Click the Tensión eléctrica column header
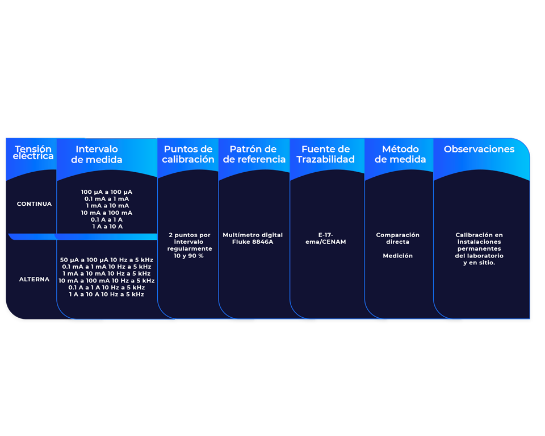pyautogui.click(x=33, y=153)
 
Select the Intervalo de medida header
pyautogui.click(x=97, y=155)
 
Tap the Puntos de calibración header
pyautogui.click(x=188, y=155)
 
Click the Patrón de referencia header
pyautogui.click(x=254, y=155)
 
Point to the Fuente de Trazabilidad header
pyautogui.click(x=326, y=155)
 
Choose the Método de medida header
pyautogui.click(x=400, y=155)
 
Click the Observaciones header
pyautogui.click(x=479, y=150)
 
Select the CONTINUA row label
pyautogui.click(x=34, y=204)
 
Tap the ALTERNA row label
pyautogui.click(x=34, y=280)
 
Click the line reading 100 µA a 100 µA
pyautogui.click(x=107, y=192)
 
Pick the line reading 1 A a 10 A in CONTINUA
pyautogui.click(x=107, y=227)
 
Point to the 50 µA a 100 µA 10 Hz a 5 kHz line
pyautogui.click(x=107, y=260)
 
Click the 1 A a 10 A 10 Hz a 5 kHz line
pyautogui.click(x=107, y=294)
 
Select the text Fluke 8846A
pyautogui.click(x=253, y=242)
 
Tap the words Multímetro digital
pyautogui.click(x=253, y=235)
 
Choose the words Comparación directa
pyautogui.click(x=397, y=238)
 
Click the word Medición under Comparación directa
pyautogui.click(x=397, y=256)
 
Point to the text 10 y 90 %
pyautogui.click(x=188, y=256)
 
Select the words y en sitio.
pyautogui.click(x=479, y=263)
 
